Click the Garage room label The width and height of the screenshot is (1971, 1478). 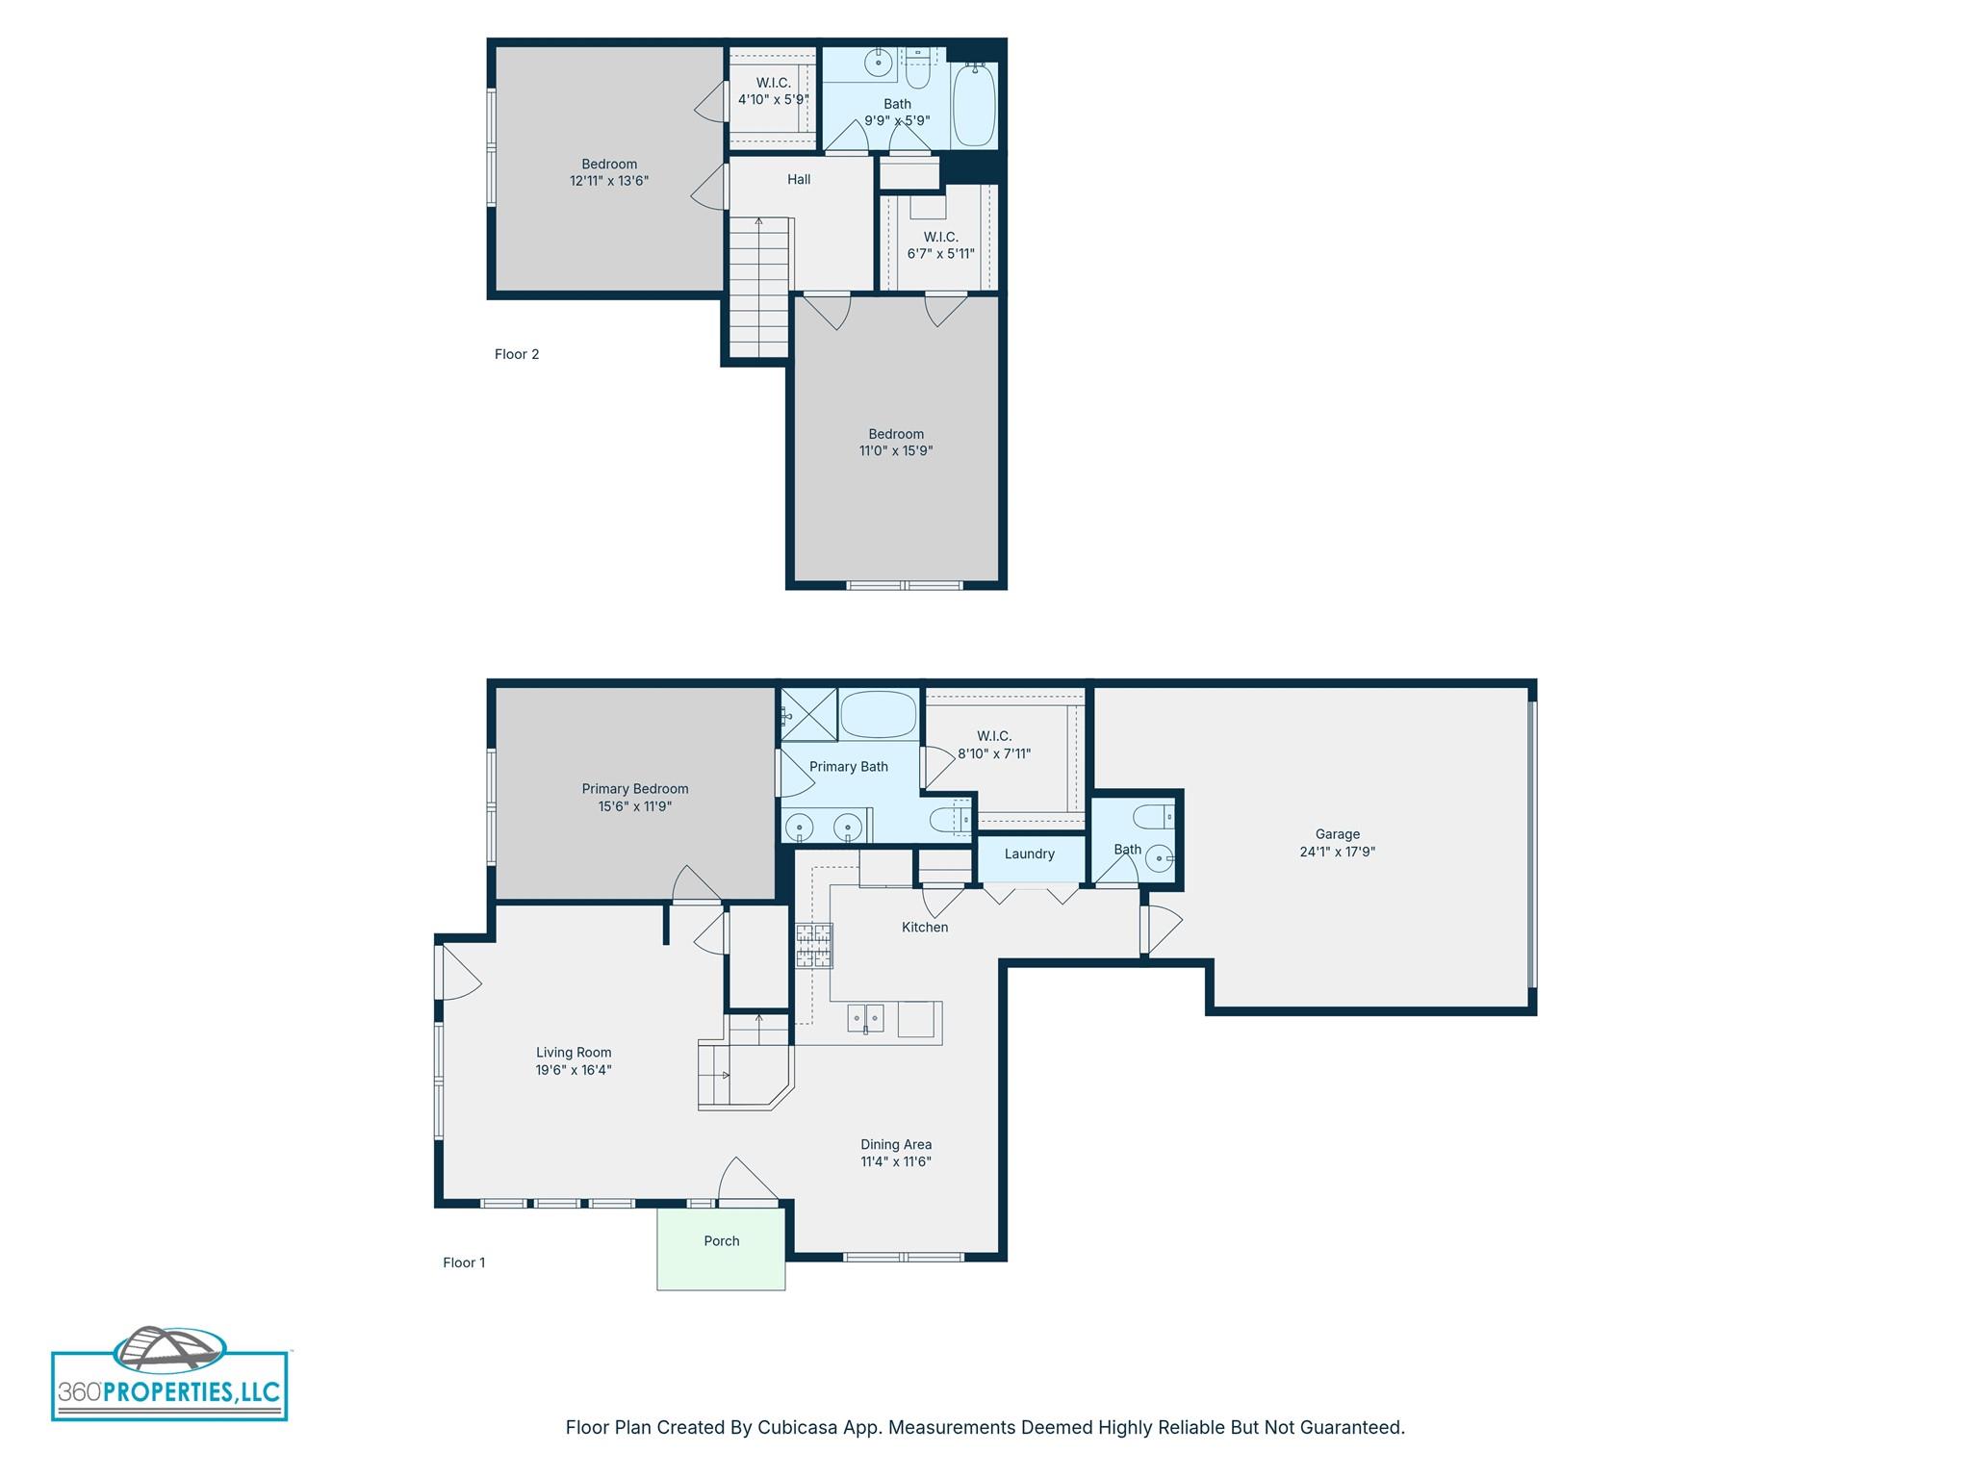click(x=1337, y=834)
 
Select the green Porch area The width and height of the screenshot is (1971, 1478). click(x=721, y=1249)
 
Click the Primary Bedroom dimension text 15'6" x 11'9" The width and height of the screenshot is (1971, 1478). click(x=634, y=806)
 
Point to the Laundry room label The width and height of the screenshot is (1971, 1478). click(x=1029, y=854)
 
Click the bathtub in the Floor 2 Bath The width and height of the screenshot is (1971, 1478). click(x=974, y=106)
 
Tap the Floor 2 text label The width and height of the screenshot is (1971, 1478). click(x=517, y=354)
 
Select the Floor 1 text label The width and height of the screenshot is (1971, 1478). click(x=464, y=1262)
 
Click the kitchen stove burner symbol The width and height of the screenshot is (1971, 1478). click(x=813, y=945)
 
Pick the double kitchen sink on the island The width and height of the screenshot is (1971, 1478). click(x=865, y=1017)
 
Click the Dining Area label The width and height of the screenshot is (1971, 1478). click(x=895, y=1144)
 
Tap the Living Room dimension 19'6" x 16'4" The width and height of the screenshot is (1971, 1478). click(x=574, y=1070)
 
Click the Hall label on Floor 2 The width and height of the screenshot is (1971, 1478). click(x=799, y=179)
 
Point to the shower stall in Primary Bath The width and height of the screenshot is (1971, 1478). click(x=806, y=714)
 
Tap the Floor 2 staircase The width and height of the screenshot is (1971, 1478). click(x=758, y=289)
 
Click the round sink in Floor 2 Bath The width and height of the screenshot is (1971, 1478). click(x=878, y=64)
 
